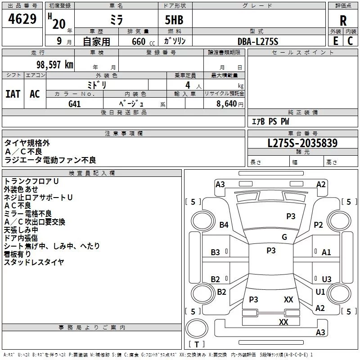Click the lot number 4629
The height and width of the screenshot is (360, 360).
(22, 20)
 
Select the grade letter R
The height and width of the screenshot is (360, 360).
(343, 20)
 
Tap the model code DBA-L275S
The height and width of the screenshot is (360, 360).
(258, 41)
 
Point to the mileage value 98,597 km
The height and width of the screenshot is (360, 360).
(54, 64)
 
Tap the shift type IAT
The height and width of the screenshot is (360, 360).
(13, 94)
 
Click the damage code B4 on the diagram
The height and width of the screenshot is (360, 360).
(224, 225)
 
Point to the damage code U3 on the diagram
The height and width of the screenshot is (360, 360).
(326, 279)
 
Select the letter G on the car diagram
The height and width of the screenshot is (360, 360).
(284, 237)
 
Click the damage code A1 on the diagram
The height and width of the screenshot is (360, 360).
(326, 252)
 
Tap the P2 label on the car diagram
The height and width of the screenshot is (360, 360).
(319, 225)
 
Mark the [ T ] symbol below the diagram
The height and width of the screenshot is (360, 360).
(197, 344)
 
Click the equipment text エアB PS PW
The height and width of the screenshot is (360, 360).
(270, 121)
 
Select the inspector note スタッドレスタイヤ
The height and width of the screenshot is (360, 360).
(34, 262)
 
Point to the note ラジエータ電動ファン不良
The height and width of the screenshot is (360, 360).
(50, 160)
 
